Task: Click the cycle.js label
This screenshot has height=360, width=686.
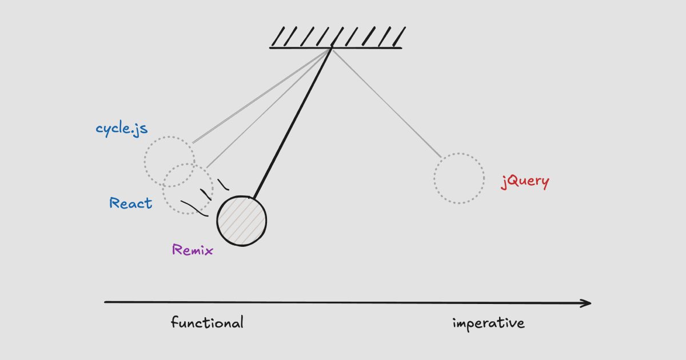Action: pos(122,129)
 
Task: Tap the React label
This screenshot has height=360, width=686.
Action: pos(131,203)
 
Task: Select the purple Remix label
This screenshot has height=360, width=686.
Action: pos(193,250)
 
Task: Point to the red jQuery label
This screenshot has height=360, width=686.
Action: pos(525,182)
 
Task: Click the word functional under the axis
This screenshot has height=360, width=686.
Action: pos(207,322)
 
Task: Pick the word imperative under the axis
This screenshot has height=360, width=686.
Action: pos(488,323)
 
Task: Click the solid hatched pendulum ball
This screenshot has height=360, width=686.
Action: pos(241,221)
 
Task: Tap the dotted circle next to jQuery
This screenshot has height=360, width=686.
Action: pos(459,178)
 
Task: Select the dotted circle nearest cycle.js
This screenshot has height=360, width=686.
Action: pos(169,162)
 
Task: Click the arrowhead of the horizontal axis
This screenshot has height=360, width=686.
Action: pos(587,303)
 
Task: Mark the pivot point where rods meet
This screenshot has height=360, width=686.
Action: pos(332,49)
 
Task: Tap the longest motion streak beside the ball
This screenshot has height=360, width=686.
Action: pos(193,208)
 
